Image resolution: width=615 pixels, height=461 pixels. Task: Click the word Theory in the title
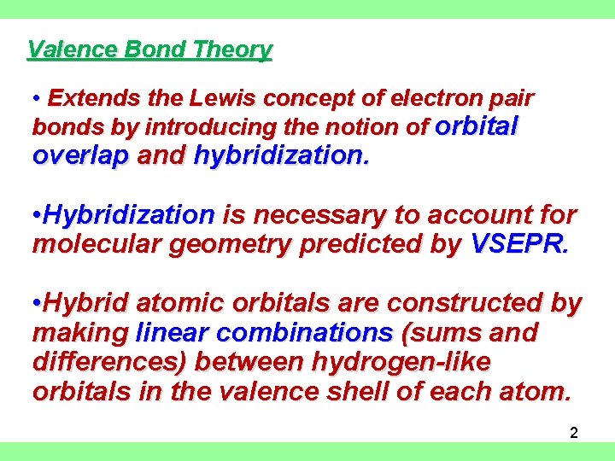(232, 50)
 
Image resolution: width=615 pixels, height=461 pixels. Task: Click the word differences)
(110, 362)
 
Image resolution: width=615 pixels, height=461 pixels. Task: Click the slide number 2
(574, 433)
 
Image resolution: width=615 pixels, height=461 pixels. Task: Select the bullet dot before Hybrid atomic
(36, 304)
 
